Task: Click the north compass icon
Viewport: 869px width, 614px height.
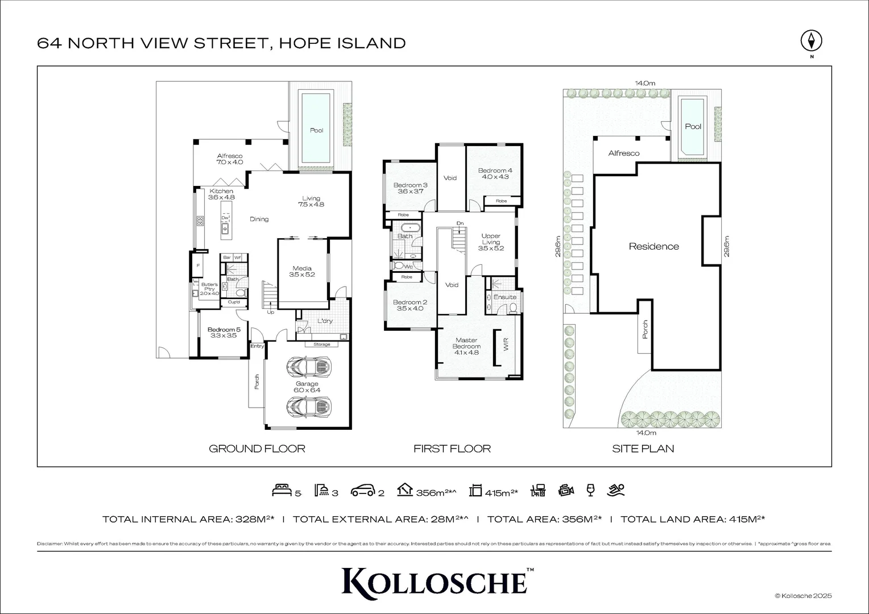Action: tap(812, 41)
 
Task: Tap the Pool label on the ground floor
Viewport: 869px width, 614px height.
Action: tap(316, 130)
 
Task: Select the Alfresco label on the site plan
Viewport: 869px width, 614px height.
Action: tap(623, 153)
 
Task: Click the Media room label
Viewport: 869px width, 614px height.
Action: tap(302, 271)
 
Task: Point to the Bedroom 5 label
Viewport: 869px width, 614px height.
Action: tap(224, 333)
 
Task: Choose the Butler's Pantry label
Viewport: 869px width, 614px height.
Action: tap(209, 289)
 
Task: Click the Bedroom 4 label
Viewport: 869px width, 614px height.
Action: tap(495, 173)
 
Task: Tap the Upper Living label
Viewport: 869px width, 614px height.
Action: tap(491, 242)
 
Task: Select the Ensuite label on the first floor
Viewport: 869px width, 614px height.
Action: tap(504, 297)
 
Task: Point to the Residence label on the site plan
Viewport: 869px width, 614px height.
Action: tap(653, 246)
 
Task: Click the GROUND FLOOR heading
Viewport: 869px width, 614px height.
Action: tap(257, 449)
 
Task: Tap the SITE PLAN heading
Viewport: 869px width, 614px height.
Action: tap(643, 449)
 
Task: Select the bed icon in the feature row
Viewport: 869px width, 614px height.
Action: tap(283, 489)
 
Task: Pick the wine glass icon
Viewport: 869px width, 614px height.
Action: tap(590, 489)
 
